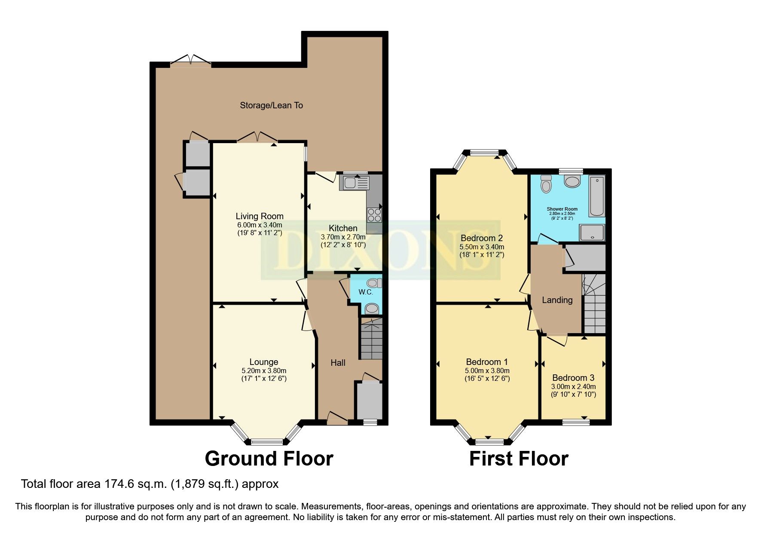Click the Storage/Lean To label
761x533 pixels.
point(271,105)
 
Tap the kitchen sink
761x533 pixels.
point(354,183)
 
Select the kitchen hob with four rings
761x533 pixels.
point(374,214)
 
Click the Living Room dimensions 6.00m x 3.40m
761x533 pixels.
point(260,225)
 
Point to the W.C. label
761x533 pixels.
point(365,292)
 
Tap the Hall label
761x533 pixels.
point(338,363)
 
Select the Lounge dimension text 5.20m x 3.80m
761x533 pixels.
point(264,371)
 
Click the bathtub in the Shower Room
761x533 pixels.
point(597,196)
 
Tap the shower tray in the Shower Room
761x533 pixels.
point(592,233)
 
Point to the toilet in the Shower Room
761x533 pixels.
point(546,184)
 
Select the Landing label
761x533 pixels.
point(557,300)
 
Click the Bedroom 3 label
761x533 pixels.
point(573,378)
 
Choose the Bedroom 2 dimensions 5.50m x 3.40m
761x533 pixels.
point(482,247)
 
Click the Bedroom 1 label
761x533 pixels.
point(487,362)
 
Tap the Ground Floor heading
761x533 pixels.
point(269,459)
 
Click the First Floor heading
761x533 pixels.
point(519,459)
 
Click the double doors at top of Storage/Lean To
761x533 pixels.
point(191,61)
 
